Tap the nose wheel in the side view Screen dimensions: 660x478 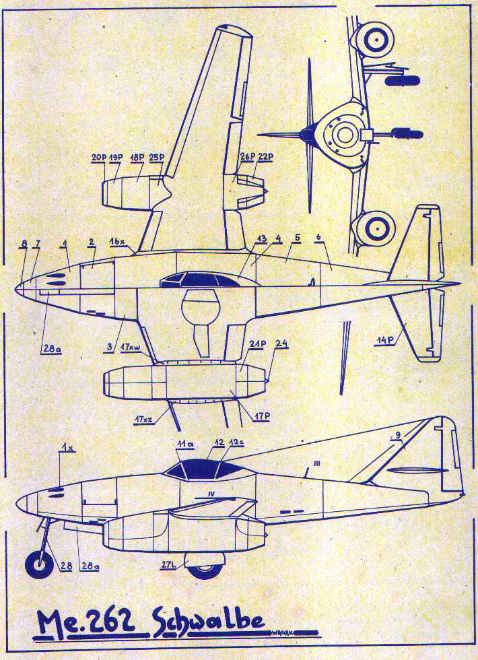tap(39, 564)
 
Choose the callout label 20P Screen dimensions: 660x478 tap(99, 158)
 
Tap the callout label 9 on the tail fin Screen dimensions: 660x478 tap(397, 435)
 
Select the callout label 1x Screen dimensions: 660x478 tap(67, 448)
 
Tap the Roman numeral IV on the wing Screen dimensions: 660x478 tap(211, 494)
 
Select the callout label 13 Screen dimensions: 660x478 tap(261, 238)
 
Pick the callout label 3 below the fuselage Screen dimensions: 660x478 tap(108, 347)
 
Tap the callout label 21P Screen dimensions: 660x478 tap(257, 343)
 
